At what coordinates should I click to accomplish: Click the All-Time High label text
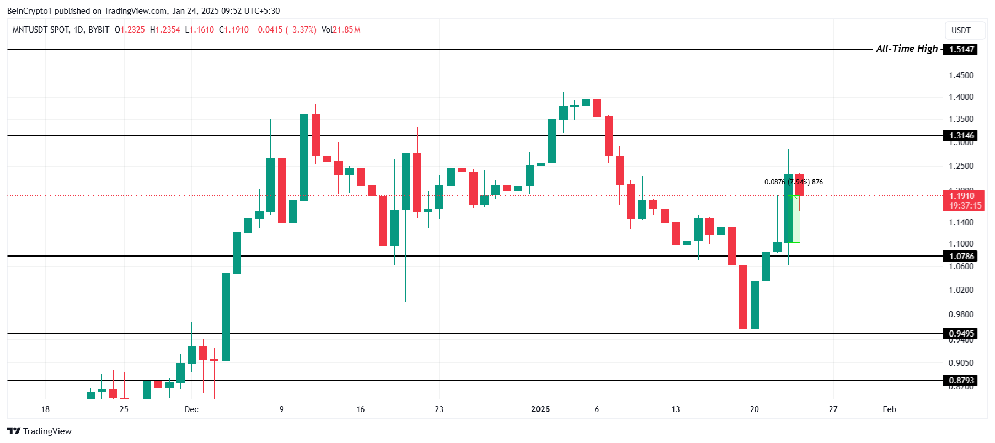pos(906,49)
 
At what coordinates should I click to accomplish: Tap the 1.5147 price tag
pos(961,50)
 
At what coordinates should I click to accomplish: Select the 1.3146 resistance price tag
pos(961,136)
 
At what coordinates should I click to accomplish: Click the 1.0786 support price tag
pos(961,257)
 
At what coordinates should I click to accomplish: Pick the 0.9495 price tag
pos(961,334)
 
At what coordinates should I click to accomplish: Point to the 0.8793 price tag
pos(961,381)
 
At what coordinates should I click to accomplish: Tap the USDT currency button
pos(961,30)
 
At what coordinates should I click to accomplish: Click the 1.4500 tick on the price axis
pos(961,76)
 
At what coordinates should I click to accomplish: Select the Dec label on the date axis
pos(191,409)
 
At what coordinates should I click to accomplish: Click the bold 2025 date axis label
pos(541,409)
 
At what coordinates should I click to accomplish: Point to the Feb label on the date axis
pos(889,409)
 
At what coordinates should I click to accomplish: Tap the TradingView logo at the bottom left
pos(39,431)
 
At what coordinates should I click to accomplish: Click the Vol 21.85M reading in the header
pos(341,30)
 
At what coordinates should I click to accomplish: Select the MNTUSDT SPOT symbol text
pos(41,30)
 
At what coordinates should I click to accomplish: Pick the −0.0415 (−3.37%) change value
pos(285,30)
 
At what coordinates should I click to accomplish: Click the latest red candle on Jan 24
pos(799,185)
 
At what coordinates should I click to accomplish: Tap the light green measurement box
pos(796,220)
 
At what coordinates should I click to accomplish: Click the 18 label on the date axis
pos(45,409)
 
